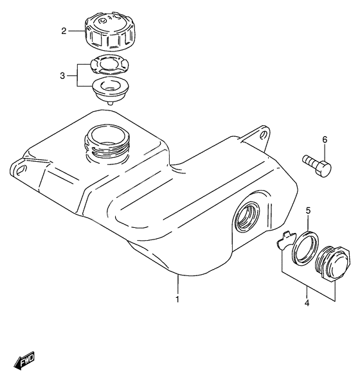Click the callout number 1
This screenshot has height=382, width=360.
(x=178, y=299)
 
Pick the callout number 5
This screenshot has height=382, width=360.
(x=308, y=210)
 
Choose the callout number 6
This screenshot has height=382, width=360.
(x=325, y=139)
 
